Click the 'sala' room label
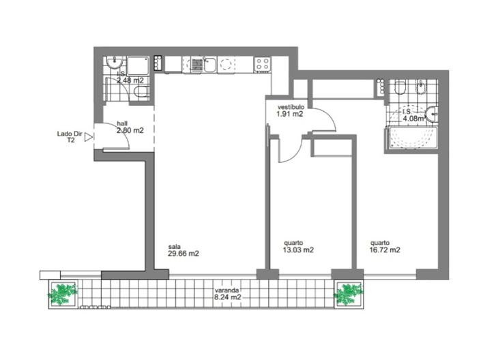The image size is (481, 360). coord(174,246)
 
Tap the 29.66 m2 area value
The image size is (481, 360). coord(184,254)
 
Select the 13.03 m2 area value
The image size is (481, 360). coord(298,250)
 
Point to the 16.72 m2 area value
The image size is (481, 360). coord(385,250)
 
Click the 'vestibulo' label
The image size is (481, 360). coord(290,108)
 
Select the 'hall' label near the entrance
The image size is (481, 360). coord(122,123)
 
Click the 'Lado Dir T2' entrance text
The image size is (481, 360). coord(69,137)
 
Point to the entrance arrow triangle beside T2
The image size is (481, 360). coord(88,137)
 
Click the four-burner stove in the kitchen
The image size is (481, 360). coord(263,64)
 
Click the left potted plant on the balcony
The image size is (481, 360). coord(63,294)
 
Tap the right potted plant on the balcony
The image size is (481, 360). coord(349,294)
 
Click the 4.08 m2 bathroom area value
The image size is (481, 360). coord(414,118)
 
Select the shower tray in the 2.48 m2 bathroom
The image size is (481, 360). coord(139,65)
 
